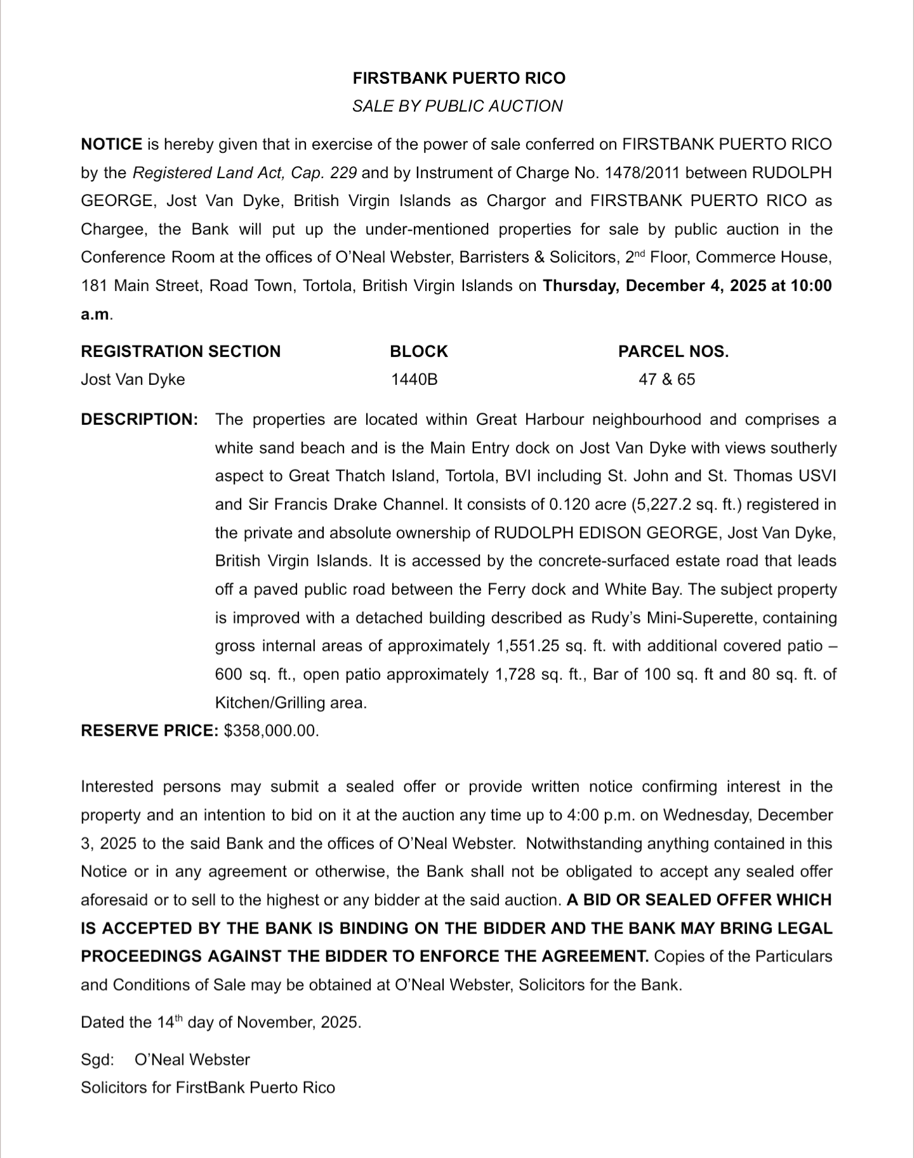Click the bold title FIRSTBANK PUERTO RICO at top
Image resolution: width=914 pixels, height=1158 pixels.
(x=458, y=78)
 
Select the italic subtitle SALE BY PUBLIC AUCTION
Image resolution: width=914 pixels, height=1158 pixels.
(x=457, y=106)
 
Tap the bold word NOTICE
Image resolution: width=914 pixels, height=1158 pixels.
(x=111, y=144)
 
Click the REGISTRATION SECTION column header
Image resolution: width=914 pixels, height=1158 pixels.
(x=180, y=351)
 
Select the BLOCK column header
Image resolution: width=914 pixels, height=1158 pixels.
(x=418, y=351)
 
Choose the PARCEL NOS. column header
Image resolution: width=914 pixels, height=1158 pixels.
(x=673, y=351)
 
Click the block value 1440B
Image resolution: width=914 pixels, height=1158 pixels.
(x=414, y=379)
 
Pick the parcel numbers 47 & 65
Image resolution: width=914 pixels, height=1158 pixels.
(x=666, y=379)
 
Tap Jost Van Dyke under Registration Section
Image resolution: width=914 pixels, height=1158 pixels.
(x=133, y=379)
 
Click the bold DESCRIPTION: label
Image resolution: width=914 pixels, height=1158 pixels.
(x=140, y=419)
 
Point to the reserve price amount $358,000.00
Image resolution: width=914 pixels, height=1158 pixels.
(x=271, y=731)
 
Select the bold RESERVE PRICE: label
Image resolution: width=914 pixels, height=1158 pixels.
(x=149, y=731)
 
